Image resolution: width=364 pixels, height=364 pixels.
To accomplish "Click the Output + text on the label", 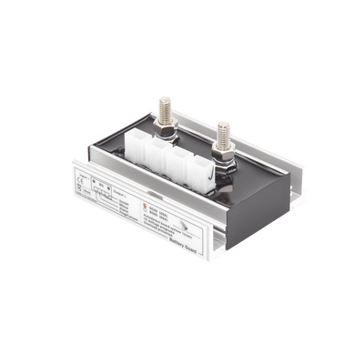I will tap(126, 192).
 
